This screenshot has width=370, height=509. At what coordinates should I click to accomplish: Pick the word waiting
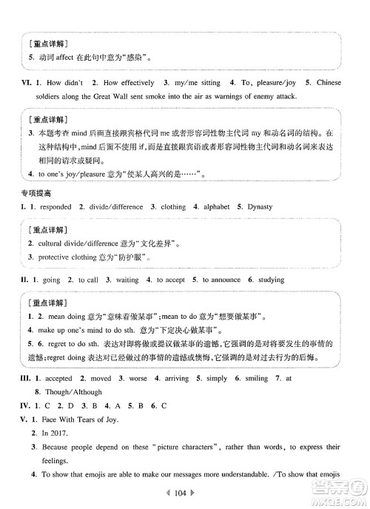coord(127,280)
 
